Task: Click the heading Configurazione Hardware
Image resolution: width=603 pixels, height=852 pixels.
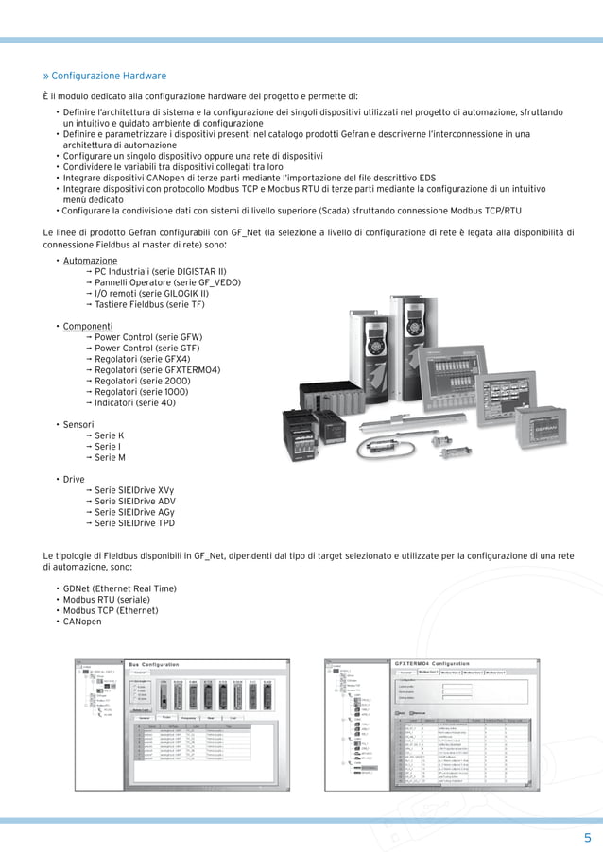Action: pos(108,76)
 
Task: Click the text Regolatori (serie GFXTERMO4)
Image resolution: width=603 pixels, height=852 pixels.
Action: pos(157,369)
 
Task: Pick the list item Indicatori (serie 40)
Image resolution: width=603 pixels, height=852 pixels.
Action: pos(134,402)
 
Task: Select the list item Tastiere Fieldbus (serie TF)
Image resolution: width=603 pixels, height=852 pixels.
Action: pos(149,304)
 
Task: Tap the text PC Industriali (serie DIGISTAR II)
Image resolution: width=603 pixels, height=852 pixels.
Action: pos(160,271)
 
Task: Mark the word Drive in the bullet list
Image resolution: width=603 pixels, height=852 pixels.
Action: pos(75,479)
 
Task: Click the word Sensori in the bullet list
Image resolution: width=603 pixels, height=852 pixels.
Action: pos(79,425)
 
